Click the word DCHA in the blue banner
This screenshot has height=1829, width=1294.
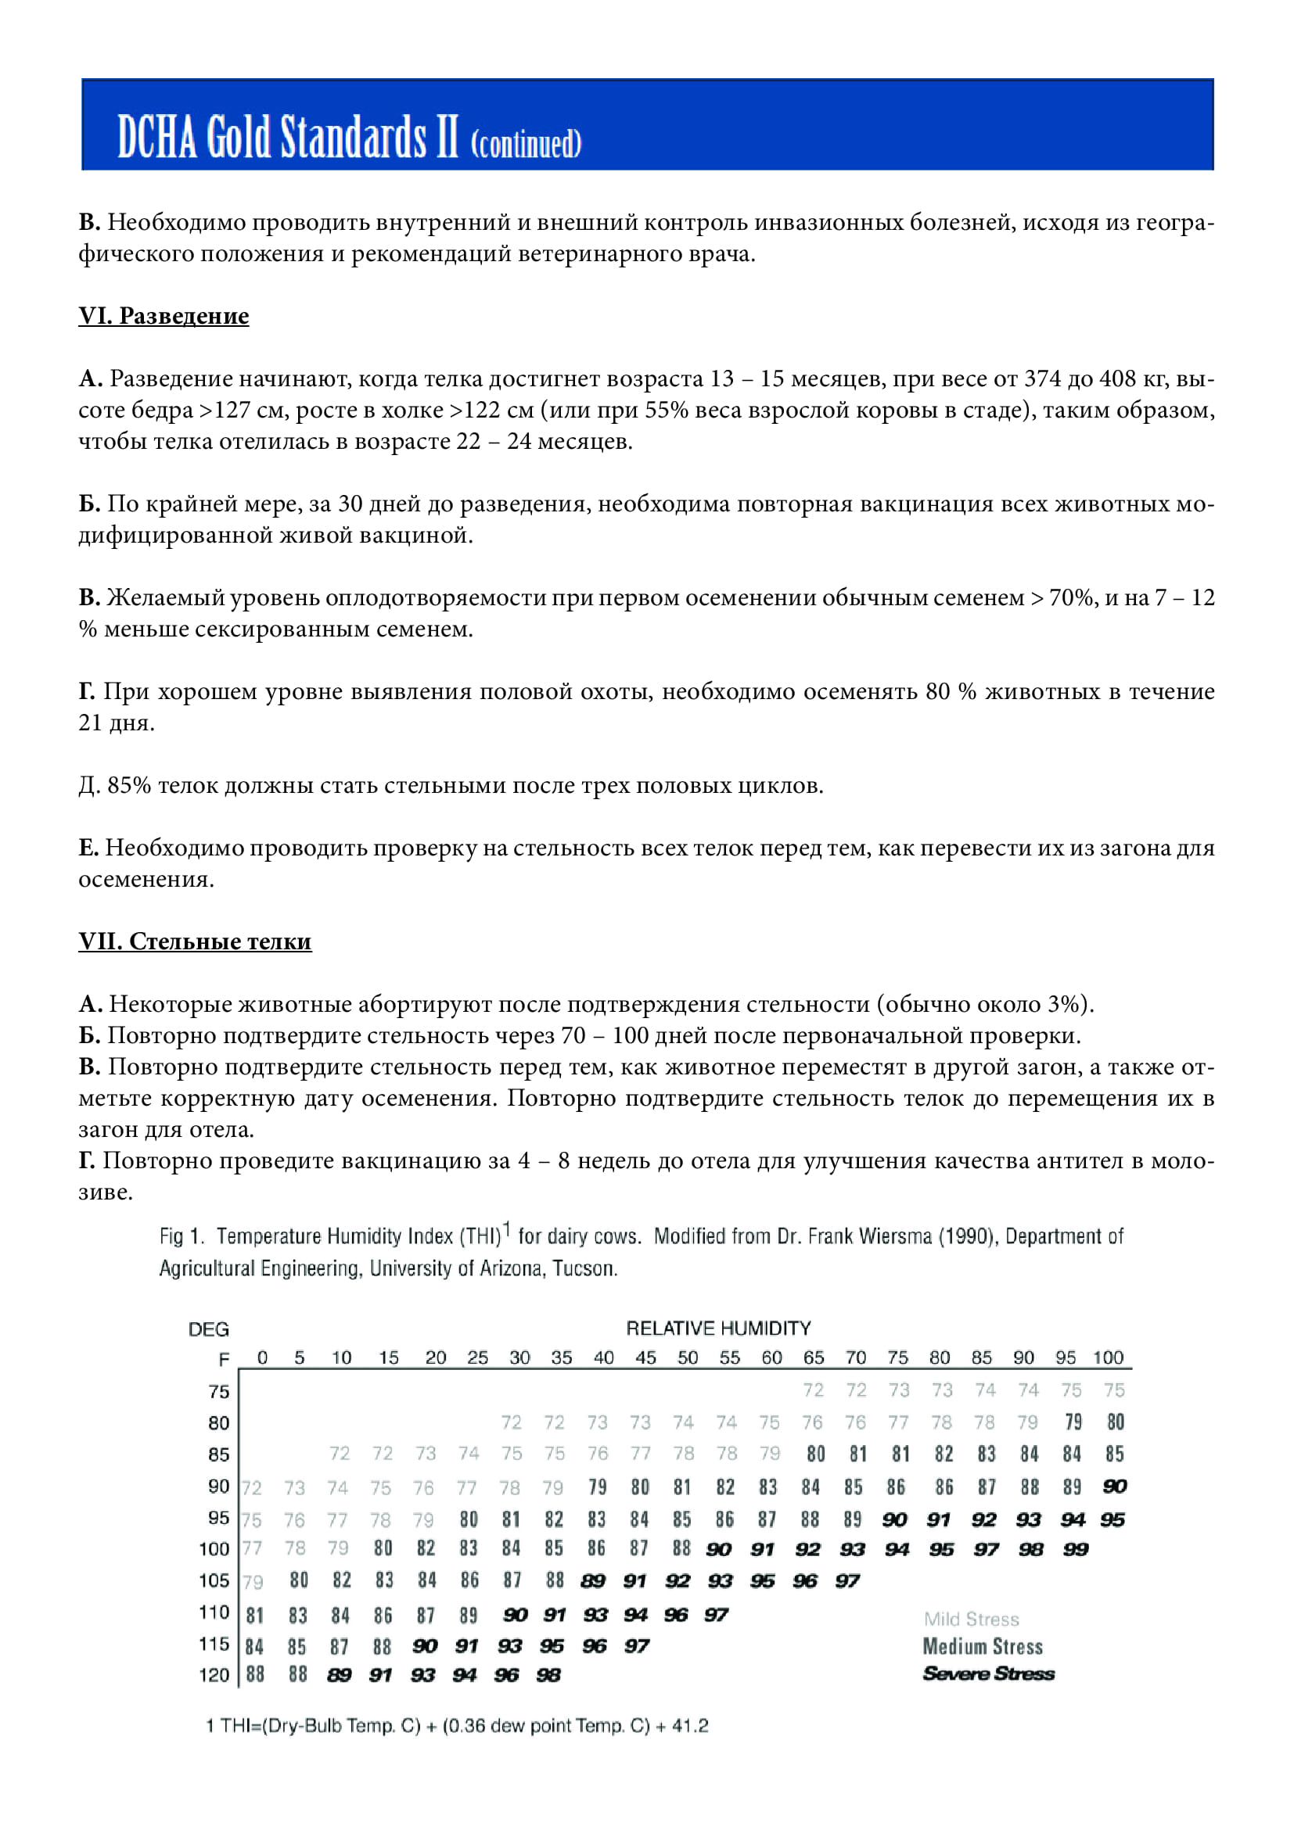pyautogui.click(x=157, y=137)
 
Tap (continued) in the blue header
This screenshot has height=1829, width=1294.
pyautogui.click(x=526, y=144)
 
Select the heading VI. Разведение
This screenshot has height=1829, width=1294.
pyautogui.click(x=164, y=316)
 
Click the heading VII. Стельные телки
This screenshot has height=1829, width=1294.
pyautogui.click(x=195, y=941)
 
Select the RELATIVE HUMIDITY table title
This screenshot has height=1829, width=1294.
pyautogui.click(x=718, y=1328)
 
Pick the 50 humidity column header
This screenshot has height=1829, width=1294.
pyautogui.click(x=687, y=1357)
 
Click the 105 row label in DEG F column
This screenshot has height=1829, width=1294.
pyautogui.click(x=214, y=1580)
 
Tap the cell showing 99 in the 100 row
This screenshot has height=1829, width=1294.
pyautogui.click(x=1075, y=1549)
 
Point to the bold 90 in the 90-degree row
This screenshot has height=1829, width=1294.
pyautogui.click(x=1115, y=1487)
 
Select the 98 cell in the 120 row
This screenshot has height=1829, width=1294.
pyautogui.click(x=548, y=1675)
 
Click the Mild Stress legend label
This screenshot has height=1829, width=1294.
pyautogui.click(x=972, y=1619)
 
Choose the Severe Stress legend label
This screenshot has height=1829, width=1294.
pyautogui.click(x=988, y=1673)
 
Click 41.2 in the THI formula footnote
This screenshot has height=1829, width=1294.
pyautogui.click(x=690, y=1727)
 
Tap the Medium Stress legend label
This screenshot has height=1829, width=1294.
pyautogui.click(x=983, y=1647)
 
